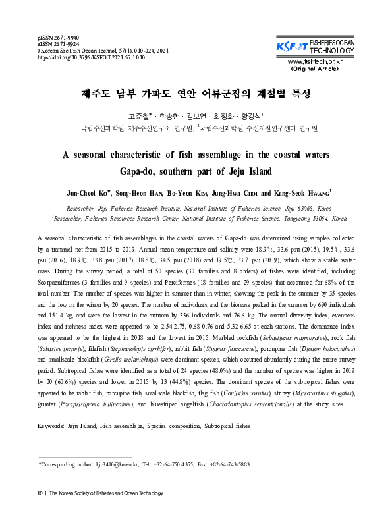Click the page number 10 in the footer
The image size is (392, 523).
click(41, 493)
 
